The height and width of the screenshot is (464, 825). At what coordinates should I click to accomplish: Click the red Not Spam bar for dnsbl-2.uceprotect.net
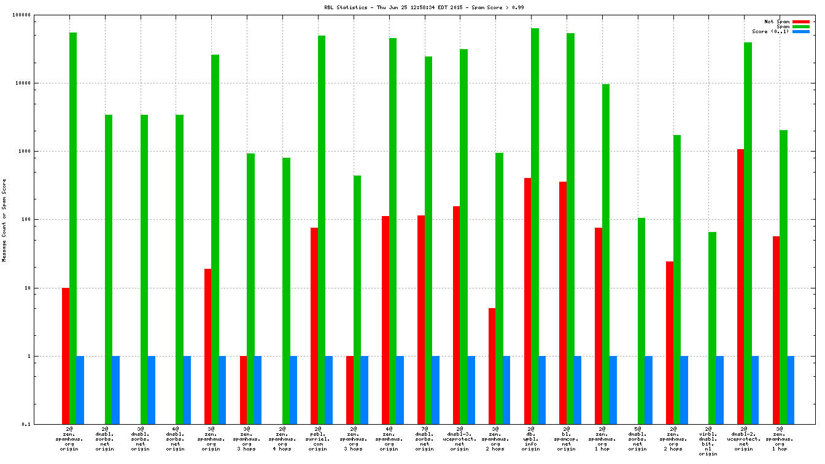[x=740, y=286]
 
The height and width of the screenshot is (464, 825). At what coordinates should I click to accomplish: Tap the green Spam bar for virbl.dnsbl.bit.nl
[x=712, y=328]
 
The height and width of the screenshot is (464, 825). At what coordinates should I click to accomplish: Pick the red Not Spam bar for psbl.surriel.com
[x=314, y=325]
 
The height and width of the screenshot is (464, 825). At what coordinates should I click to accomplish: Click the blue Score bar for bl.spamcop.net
[x=578, y=390]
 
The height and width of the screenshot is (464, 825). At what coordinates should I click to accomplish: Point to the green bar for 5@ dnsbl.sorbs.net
[x=641, y=320]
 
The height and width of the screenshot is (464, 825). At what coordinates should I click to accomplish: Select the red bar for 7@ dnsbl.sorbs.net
[x=421, y=319]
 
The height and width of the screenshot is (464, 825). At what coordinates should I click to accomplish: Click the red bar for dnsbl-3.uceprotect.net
[x=456, y=315]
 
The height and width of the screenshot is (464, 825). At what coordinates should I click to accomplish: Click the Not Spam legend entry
[x=776, y=21]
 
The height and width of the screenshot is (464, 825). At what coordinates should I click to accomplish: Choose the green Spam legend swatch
[x=801, y=26]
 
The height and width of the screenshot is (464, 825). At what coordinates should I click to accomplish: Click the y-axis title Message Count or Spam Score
[x=4, y=220]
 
